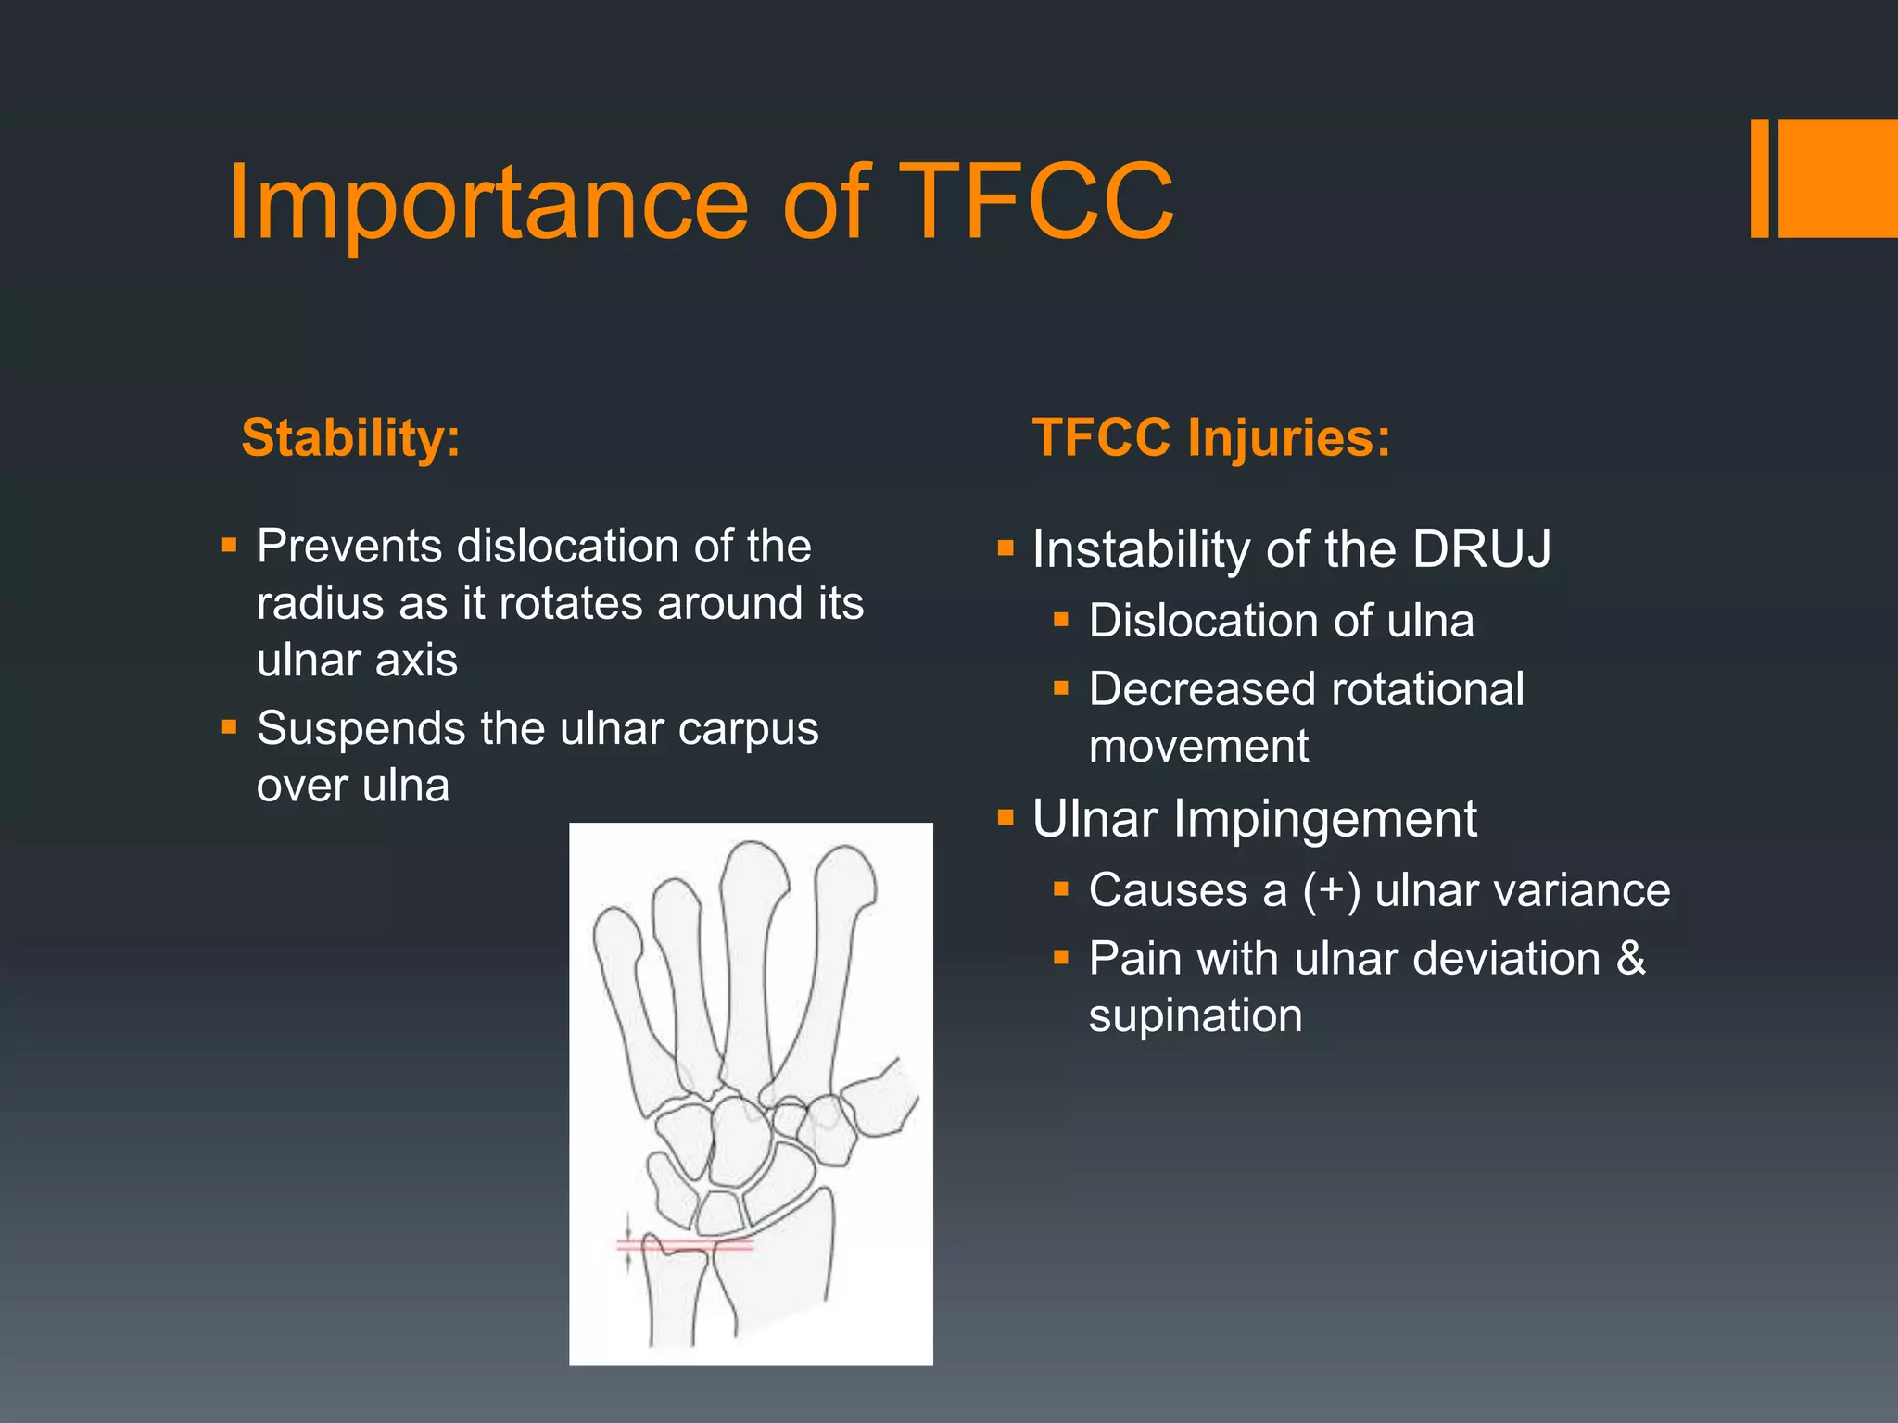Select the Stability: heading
pos(350,437)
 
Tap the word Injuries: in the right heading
pos(1288,437)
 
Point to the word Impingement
pos(1325,819)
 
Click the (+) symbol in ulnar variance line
pos(1331,890)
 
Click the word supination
pos(1196,1016)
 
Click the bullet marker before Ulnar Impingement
pos(1006,818)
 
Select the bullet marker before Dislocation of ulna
pos(1062,620)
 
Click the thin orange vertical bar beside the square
pos(1759,178)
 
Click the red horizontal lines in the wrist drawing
pos(686,1245)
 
